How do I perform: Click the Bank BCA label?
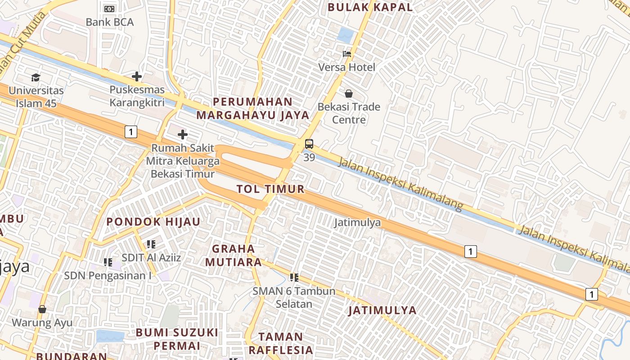click(x=109, y=22)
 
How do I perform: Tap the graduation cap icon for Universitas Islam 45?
click(x=36, y=77)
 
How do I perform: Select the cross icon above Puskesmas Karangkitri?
click(x=137, y=76)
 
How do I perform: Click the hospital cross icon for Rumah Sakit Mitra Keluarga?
click(x=182, y=135)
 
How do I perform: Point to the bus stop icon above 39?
click(x=309, y=144)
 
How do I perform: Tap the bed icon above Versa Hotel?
click(x=347, y=54)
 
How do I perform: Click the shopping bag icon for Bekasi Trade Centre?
click(x=348, y=94)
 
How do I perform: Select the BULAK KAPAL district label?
click(x=370, y=7)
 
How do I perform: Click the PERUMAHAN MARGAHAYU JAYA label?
click(x=253, y=108)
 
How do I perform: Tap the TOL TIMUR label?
click(x=270, y=189)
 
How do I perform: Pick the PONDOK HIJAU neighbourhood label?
click(x=153, y=221)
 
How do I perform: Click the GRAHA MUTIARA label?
click(x=233, y=255)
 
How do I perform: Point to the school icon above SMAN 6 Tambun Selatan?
click(x=294, y=278)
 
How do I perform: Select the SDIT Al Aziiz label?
click(x=151, y=258)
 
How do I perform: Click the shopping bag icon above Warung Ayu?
click(x=42, y=309)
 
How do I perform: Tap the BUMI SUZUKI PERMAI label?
click(x=177, y=339)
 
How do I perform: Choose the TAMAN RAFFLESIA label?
click(x=281, y=343)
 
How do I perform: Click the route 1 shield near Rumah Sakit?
click(x=130, y=132)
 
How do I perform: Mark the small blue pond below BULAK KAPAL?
click(x=346, y=35)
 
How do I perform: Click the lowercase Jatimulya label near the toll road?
click(x=358, y=222)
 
